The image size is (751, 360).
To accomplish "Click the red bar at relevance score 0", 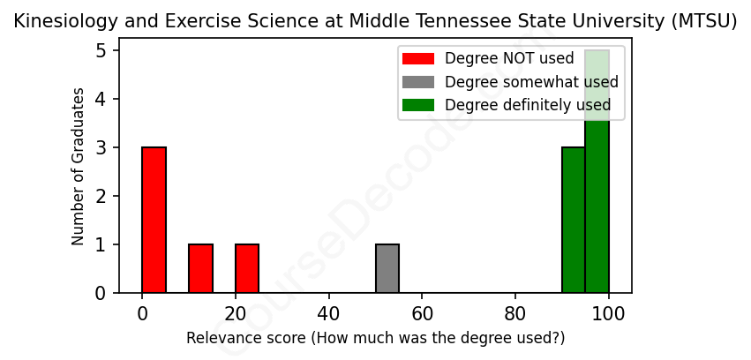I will click(x=154, y=220).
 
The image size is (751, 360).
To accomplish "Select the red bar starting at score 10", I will click(x=201, y=268).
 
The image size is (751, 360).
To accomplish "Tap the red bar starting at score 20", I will click(x=247, y=268).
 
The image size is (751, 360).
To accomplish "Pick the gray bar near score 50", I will click(x=387, y=268).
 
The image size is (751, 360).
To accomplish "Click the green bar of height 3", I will click(x=574, y=220).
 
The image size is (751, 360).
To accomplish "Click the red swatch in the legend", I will click(x=418, y=59).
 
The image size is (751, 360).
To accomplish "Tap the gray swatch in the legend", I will click(x=418, y=82).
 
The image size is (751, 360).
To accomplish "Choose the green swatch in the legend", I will click(x=418, y=105).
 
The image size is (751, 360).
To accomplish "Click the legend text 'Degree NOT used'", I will click(x=509, y=59).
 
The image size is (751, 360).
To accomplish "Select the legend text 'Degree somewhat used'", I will click(x=531, y=82).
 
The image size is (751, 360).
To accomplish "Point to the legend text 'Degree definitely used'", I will click(x=528, y=105).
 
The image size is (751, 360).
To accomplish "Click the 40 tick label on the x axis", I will click(x=329, y=313).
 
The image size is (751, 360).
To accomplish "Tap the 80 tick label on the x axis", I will click(x=515, y=313).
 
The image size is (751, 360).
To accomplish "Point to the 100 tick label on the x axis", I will click(x=608, y=313).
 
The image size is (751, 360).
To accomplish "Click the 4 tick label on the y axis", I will click(x=101, y=99).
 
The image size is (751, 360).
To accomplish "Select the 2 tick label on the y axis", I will click(x=101, y=196).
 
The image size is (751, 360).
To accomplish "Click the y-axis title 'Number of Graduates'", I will click(x=79, y=167).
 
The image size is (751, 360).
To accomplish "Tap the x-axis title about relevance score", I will click(x=375, y=338).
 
